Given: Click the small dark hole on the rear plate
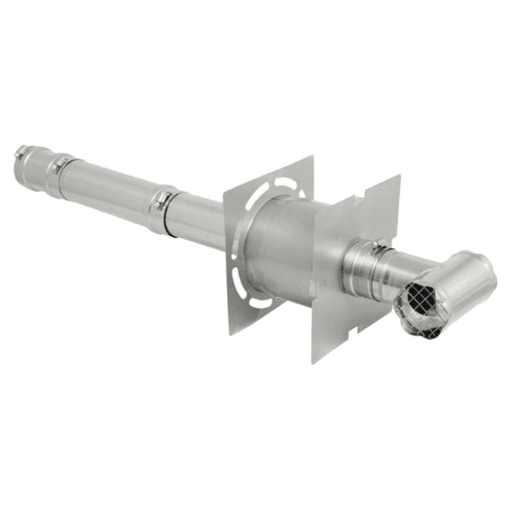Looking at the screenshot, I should pyautogui.click(x=277, y=298).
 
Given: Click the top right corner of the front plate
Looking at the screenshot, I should pyautogui.click(x=399, y=176).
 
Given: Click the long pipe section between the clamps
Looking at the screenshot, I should pyautogui.click(x=109, y=188).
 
